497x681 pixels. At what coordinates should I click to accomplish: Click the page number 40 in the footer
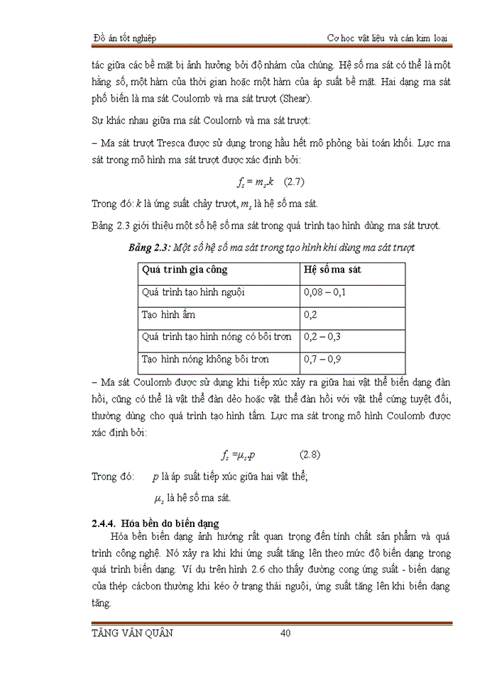click(286, 633)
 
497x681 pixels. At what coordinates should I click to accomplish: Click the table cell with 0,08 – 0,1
click(324, 292)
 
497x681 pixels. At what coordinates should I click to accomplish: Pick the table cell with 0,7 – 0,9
click(322, 359)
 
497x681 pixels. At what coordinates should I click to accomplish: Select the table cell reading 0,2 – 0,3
click(322, 336)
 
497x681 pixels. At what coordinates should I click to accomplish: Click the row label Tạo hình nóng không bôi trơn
click(205, 359)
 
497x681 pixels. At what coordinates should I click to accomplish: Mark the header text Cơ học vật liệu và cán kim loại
click(387, 38)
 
